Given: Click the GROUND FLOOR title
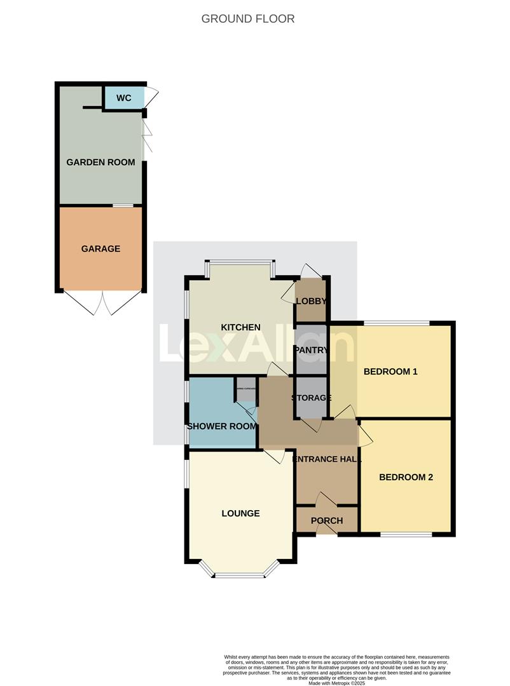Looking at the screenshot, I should [248, 18].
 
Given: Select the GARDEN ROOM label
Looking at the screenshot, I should [100, 162].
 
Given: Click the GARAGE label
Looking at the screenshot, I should [100, 248].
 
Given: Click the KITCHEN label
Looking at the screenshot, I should [240, 327].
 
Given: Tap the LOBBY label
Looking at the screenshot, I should [311, 301].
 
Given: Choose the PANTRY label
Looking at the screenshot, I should [310, 350].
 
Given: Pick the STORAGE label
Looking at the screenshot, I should [312, 398].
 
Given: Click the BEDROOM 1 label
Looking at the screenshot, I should [390, 372].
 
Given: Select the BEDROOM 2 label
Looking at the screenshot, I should [406, 477].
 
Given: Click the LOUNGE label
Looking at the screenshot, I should [240, 513].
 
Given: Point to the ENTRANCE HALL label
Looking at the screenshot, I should [327, 459].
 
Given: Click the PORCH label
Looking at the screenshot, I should [327, 521].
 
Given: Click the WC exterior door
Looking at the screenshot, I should [151, 96].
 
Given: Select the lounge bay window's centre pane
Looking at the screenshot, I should [239, 576].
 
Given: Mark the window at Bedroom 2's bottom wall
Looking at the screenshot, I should [406, 534].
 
